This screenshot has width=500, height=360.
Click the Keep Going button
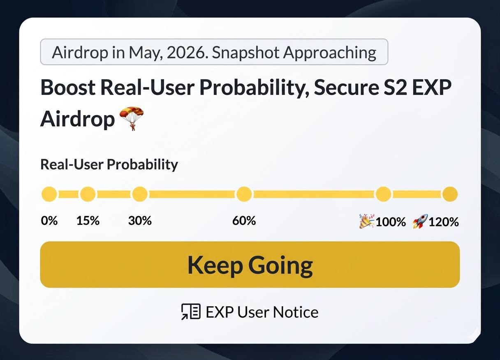click(250, 265)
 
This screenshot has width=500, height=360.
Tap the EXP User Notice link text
click(262, 312)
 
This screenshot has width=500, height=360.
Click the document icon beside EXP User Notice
click(191, 312)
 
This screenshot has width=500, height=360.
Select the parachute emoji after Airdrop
click(132, 118)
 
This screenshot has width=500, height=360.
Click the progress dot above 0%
click(49, 194)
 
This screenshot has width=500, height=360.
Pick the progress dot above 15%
click(88, 194)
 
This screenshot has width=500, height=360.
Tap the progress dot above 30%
click(140, 194)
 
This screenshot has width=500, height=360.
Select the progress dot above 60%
click(244, 194)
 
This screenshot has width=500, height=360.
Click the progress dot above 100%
click(384, 194)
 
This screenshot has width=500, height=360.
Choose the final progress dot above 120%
click(450, 194)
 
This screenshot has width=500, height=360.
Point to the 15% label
click(88, 221)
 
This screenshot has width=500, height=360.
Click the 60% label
click(244, 221)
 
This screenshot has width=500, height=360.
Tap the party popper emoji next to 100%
click(367, 221)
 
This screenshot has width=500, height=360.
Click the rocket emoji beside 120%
click(420, 222)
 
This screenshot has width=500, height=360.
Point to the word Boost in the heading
click(68, 88)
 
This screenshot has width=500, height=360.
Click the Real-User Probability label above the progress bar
click(109, 165)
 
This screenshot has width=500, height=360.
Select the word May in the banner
click(145, 53)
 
